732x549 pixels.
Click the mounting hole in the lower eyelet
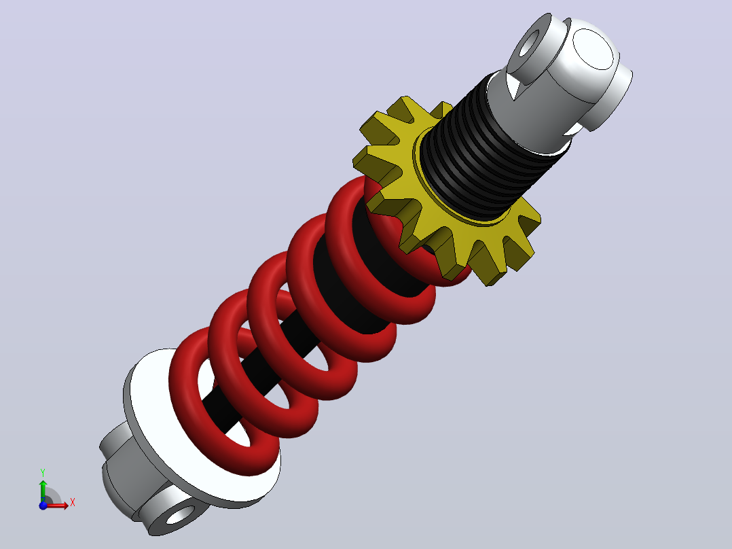click(180, 515)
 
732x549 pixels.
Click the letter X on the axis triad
click(73, 503)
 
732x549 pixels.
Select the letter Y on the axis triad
click(43, 473)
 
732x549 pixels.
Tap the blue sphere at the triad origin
click(43, 506)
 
